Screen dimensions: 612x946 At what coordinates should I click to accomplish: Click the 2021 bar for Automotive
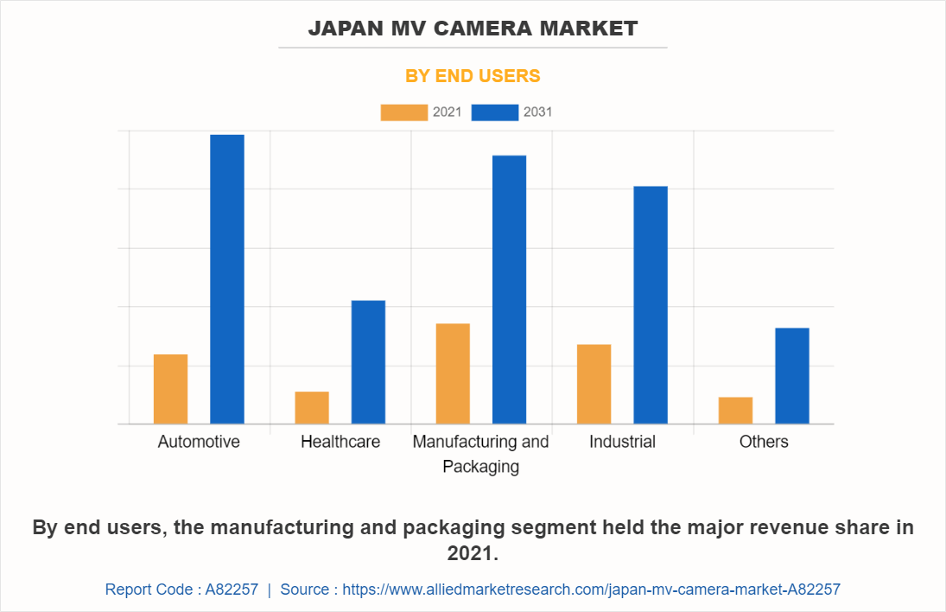point(170,389)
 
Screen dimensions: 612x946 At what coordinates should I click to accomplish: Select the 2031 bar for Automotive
point(227,279)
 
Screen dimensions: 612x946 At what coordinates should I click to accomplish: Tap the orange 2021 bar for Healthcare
point(312,407)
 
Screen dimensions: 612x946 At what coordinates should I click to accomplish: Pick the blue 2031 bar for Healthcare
point(368,362)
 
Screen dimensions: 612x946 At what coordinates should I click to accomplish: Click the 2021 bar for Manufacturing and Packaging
point(453,373)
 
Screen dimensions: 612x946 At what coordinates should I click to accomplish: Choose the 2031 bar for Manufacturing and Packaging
point(509,290)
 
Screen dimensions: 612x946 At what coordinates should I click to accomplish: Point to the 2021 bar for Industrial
point(594,384)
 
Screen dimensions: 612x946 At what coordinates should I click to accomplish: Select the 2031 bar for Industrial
point(651,305)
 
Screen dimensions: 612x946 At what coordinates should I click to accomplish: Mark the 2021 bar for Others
point(735,410)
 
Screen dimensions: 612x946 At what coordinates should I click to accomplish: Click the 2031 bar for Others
point(792,376)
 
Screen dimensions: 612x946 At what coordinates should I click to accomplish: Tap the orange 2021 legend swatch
point(403,112)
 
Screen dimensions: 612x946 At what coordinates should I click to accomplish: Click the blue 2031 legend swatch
point(495,112)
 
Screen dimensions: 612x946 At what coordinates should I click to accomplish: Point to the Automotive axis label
point(199,442)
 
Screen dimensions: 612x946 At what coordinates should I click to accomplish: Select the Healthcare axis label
point(340,442)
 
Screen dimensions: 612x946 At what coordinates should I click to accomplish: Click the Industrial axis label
point(622,442)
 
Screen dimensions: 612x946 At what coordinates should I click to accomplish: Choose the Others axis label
point(764,442)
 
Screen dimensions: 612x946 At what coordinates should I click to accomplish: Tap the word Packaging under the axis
point(480,467)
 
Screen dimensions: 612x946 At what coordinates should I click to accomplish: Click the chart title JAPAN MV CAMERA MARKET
point(473,29)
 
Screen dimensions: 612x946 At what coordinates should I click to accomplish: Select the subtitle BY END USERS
point(473,76)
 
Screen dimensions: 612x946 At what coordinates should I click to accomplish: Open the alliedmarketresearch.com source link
point(591,590)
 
